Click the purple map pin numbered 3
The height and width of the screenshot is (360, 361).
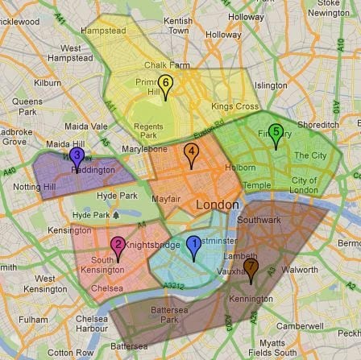[x=77, y=134]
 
